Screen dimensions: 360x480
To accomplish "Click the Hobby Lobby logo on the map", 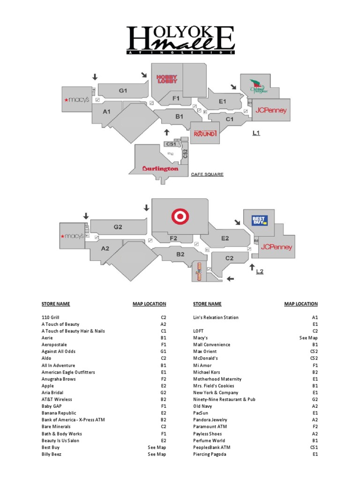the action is (x=166, y=79).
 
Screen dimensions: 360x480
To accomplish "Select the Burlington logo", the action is (x=160, y=168).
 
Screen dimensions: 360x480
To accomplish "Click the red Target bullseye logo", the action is (x=179, y=217).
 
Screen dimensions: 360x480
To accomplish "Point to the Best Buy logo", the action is (x=259, y=220).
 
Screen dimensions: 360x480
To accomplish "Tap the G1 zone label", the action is (x=123, y=91).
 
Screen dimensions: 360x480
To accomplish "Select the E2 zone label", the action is (x=225, y=238).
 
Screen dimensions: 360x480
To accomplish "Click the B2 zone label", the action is (x=180, y=254).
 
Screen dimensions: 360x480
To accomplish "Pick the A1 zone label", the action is (x=107, y=112).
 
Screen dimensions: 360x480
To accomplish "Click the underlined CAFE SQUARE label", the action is (x=207, y=174).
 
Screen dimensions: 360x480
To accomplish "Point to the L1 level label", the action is (x=256, y=133).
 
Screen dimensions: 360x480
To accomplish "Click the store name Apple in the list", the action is (x=48, y=386).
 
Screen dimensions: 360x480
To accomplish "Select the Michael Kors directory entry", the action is (x=206, y=372).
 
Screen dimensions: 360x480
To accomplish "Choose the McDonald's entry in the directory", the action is (x=205, y=359).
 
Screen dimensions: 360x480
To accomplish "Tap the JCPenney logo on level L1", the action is (x=270, y=111).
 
